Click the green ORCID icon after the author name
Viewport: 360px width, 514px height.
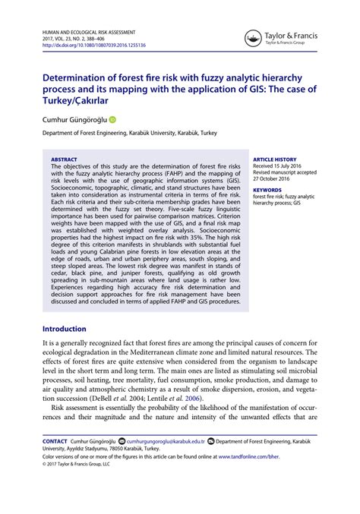tap(113, 118)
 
